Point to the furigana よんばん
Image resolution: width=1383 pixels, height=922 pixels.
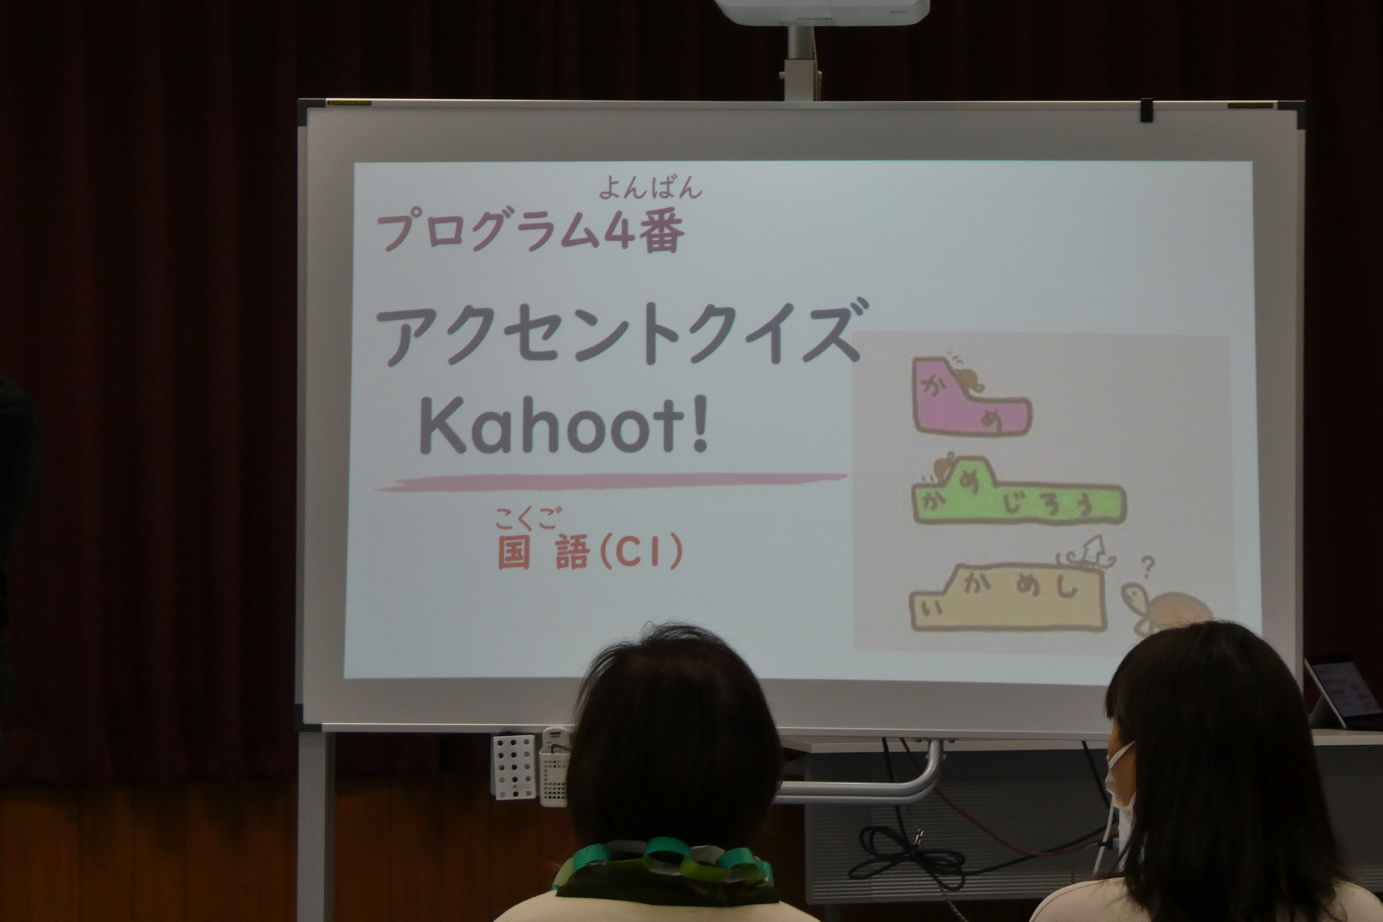[x=650, y=188]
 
